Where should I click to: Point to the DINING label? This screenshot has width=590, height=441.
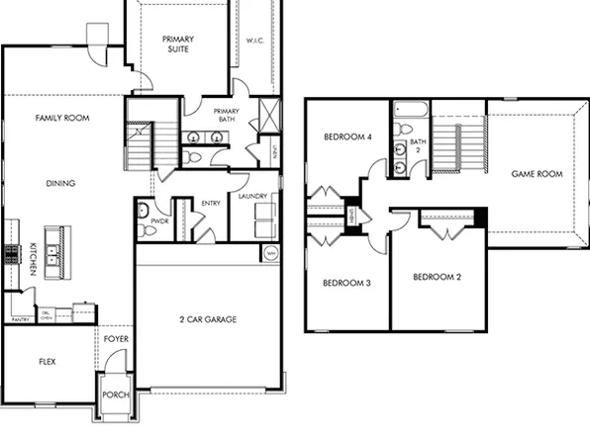(61, 182)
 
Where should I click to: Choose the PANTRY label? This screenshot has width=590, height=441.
(20, 319)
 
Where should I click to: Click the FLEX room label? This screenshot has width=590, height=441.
(47, 362)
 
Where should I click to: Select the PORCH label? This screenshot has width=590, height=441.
(115, 396)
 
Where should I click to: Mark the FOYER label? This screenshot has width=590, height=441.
(117, 339)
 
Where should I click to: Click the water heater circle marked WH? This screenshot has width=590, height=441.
(270, 254)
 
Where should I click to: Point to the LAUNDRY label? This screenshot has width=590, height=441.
(252, 197)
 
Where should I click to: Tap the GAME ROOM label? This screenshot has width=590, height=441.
(536, 174)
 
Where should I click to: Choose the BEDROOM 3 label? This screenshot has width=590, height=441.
(346, 284)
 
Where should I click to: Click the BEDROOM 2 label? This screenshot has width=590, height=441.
(437, 277)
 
